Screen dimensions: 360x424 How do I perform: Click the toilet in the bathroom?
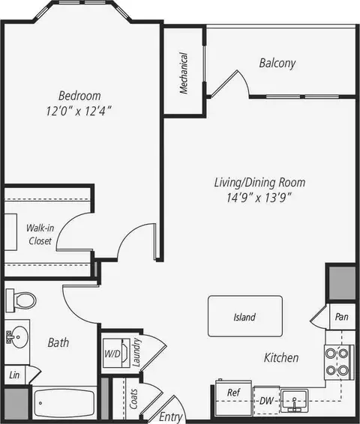(x=21, y=300)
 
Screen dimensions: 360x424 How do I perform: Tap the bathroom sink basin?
(x=17, y=337)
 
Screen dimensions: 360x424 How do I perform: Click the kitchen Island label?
(x=244, y=317)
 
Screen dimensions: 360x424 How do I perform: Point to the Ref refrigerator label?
(x=233, y=392)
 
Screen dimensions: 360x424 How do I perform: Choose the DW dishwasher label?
(x=266, y=401)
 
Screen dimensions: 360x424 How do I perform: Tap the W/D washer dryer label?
(x=112, y=354)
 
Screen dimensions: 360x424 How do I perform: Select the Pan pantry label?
(x=341, y=317)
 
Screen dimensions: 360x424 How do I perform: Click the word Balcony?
(x=277, y=63)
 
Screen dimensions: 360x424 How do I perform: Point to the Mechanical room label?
(x=184, y=73)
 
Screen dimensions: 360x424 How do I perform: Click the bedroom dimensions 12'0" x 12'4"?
(x=79, y=111)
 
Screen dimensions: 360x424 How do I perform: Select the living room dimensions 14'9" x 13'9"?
(x=259, y=198)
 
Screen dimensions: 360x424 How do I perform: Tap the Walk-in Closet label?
(x=40, y=234)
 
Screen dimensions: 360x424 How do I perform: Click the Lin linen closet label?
(x=14, y=375)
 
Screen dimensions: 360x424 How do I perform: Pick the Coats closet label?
(x=133, y=399)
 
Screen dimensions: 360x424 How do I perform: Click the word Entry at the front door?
(x=170, y=417)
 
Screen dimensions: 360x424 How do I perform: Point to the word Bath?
(x=58, y=342)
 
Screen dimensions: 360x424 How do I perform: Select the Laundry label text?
(x=136, y=352)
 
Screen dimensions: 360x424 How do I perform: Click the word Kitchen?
(x=281, y=357)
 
